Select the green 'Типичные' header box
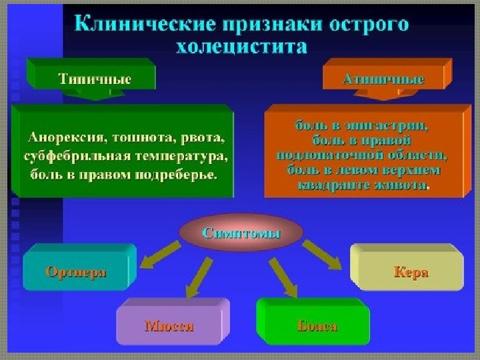[94, 78]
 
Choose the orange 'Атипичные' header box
[383, 79]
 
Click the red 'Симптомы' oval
[241, 233]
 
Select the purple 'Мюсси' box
[169, 326]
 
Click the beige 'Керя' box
[410, 272]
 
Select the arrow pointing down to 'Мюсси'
[199, 276]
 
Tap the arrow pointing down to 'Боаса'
[283, 276]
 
